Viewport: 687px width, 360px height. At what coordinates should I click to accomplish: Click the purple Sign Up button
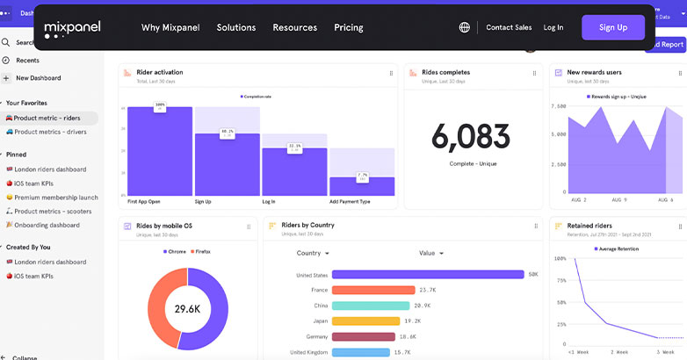612,27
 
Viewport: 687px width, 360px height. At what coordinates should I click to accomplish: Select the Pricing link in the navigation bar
348,27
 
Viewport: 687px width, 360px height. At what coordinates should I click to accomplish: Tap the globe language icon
464,27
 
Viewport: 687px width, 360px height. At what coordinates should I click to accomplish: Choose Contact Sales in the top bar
509,27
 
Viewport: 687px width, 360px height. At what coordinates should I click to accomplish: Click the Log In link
553,27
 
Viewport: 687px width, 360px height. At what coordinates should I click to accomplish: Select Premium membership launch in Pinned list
55,198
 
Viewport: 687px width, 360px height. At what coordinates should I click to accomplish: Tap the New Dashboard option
38,78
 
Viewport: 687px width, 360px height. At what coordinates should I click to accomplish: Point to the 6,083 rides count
470,136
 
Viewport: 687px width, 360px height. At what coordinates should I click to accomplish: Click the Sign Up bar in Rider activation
227,164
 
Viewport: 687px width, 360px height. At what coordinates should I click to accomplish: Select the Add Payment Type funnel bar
362,186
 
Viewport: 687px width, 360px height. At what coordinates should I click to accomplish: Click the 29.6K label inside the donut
188,309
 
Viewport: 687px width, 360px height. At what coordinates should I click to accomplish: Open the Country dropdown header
313,253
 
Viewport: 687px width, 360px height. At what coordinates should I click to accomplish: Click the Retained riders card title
589,226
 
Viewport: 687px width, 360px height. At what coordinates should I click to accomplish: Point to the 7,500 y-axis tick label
558,107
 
